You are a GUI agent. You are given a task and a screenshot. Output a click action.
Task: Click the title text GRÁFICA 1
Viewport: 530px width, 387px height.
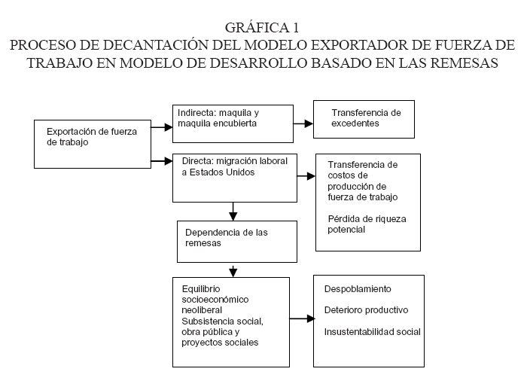(x=262, y=28)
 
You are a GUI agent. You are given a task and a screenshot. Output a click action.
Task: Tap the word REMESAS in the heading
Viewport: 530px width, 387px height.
(x=464, y=63)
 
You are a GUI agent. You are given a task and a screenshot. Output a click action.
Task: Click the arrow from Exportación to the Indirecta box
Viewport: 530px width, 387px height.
(x=162, y=127)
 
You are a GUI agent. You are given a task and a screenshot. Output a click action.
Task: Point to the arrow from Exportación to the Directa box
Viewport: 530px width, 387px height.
(x=162, y=161)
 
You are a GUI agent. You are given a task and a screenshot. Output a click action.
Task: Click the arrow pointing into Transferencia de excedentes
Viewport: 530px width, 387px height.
(x=303, y=123)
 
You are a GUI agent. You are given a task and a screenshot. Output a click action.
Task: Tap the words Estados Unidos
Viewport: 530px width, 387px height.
(x=222, y=172)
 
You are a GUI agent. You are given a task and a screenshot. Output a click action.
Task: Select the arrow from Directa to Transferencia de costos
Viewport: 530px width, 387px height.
(x=306, y=176)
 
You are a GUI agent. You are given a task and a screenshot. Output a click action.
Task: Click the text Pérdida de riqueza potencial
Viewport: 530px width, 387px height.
(x=367, y=224)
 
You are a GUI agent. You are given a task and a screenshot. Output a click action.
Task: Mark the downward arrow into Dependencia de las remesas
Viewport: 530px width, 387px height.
(x=233, y=212)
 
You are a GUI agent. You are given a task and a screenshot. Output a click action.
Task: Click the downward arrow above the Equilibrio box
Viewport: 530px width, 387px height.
(x=233, y=271)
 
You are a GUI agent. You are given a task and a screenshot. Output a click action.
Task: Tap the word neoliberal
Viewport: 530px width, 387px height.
(x=202, y=310)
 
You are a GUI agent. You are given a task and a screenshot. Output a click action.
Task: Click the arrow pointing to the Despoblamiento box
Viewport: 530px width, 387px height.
(x=303, y=318)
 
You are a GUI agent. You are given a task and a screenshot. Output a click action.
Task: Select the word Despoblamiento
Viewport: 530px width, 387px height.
(x=358, y=289)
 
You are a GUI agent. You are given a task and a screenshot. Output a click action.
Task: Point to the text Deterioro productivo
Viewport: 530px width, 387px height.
(x=366, y=310)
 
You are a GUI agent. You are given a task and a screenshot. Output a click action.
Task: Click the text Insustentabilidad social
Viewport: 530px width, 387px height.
(x=372, y=332)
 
